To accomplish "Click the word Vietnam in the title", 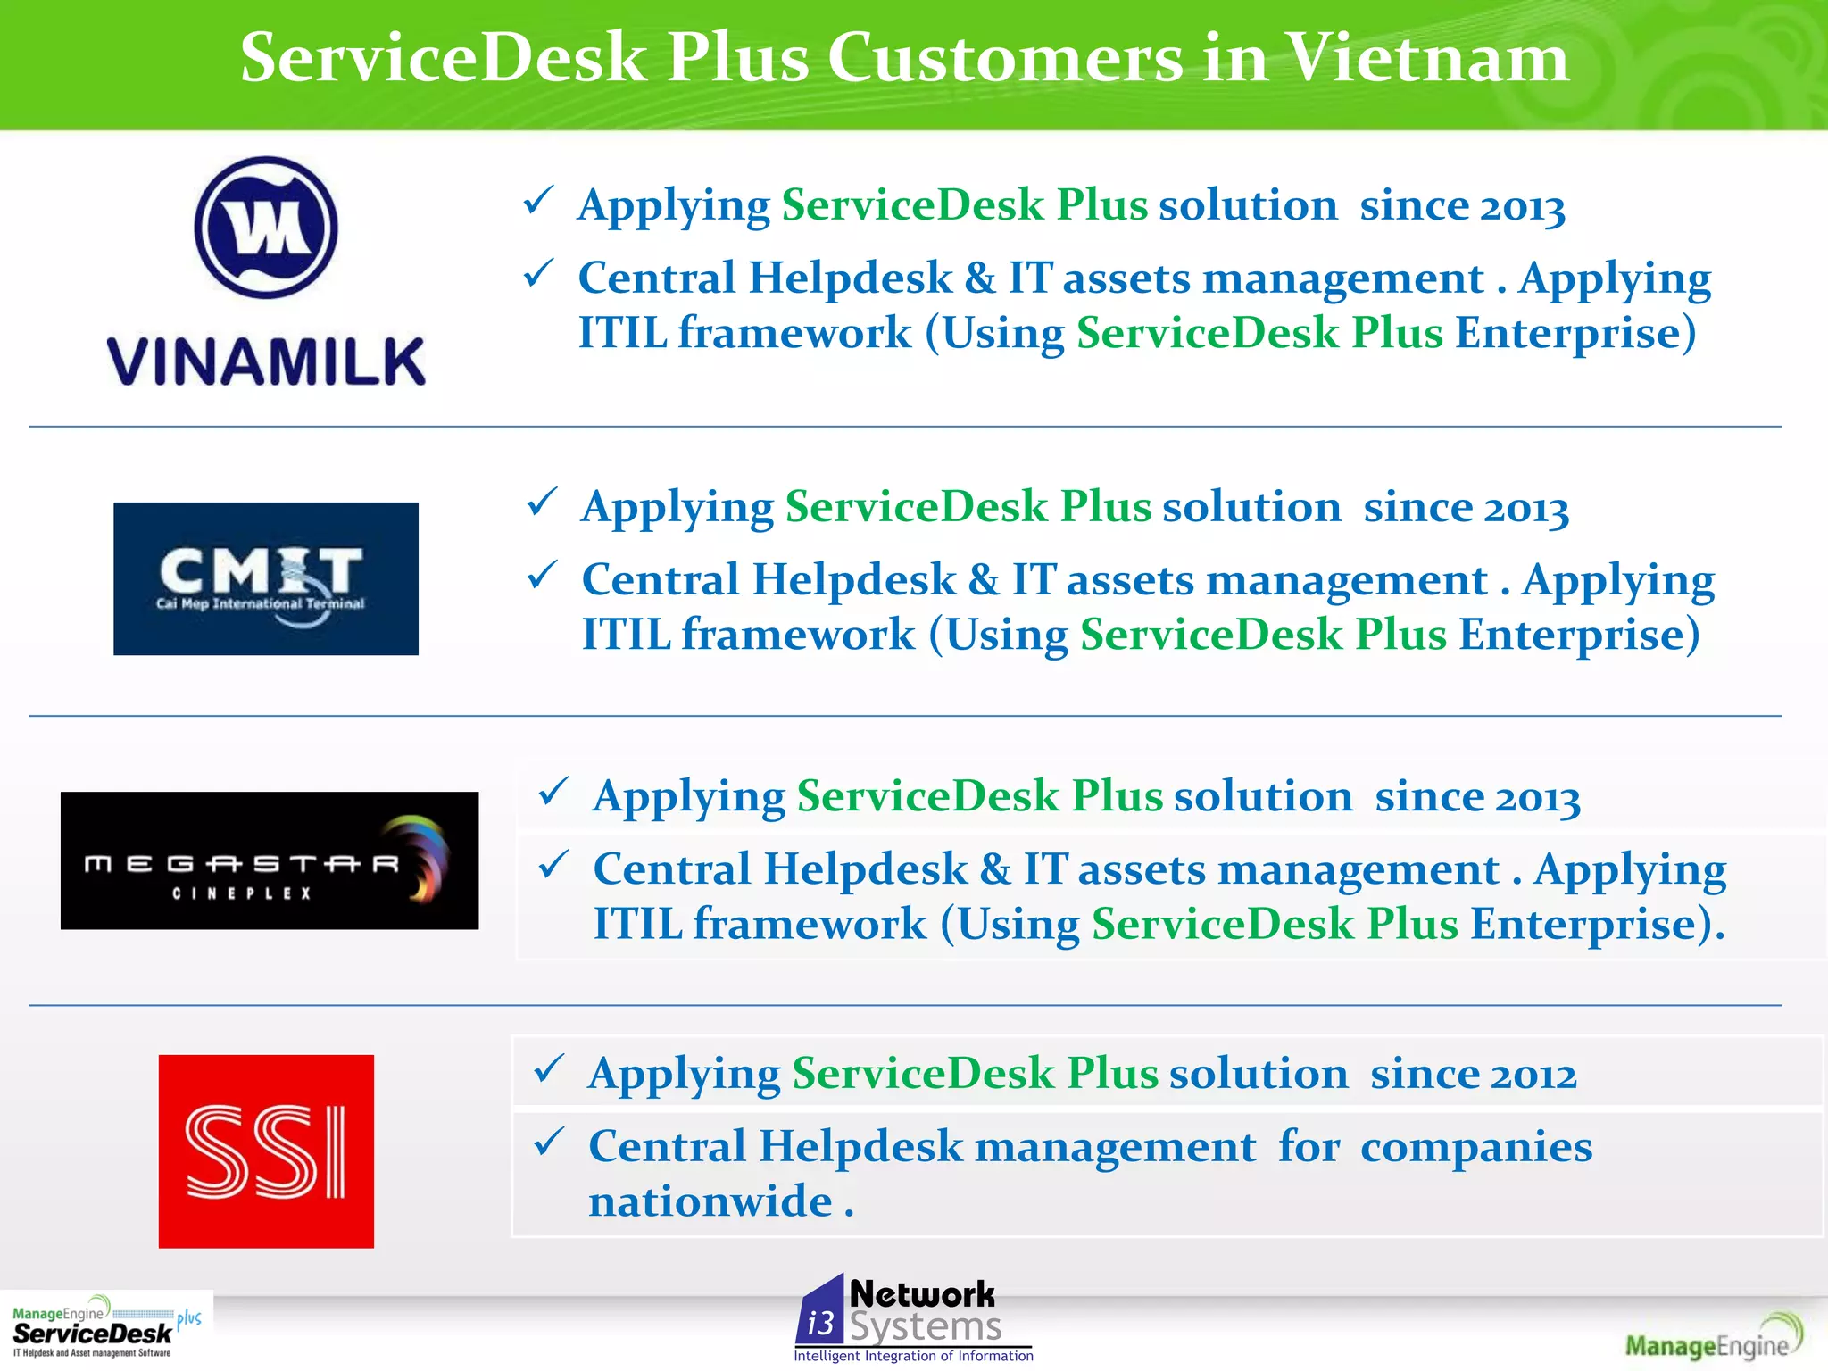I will tap(1428, 59).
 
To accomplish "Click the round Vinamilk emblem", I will tap(266, 228).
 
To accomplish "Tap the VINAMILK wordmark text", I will tap(266, 362).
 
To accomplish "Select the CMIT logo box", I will tap(266, 578).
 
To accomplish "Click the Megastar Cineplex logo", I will tap(270, 860).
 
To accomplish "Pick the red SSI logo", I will tap(266, 1151).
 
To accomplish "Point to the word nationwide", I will tap(710, 1201).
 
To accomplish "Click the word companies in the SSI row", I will tap(1475, 1147).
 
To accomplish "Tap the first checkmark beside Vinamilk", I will tap(539, 201).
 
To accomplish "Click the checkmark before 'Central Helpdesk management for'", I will tap(549, 1142).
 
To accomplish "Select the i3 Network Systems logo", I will tap(912, 1317).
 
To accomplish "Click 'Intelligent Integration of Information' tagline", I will tap(913, 1356).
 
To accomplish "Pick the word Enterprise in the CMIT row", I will tap(1571, 636).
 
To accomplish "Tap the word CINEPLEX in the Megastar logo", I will tap(242, 893).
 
